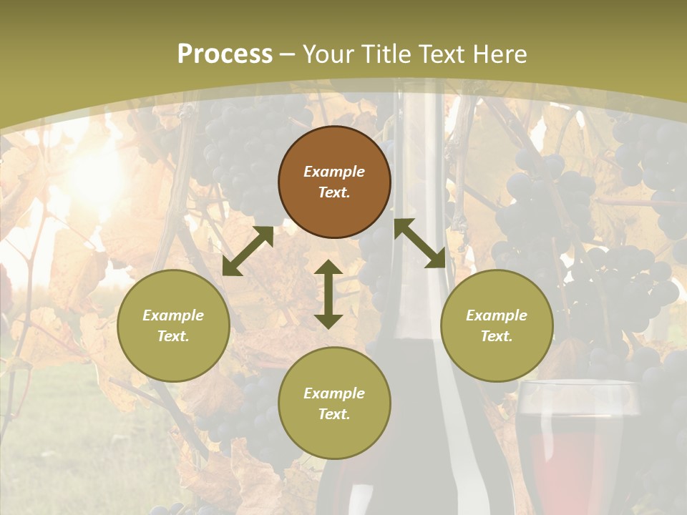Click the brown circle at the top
pyautogui.click(x=334, y=182)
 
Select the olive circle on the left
pyautogui.click(x=173, y=325)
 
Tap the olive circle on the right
pyautogui.click(x=497, y=325)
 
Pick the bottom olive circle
pyautogui.click(x=334, y=403)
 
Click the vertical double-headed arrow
pyautogui.click(x=328, y=294)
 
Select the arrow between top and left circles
pyautogui.click(x=248, y=251)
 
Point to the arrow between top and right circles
pyautogui.click(x=419, y=243)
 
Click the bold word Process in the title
pyautogui.click(x=225, y=54)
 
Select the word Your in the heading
pyautogui.click(x=328, y=54)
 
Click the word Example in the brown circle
pyautogui.click(x=334, y=172)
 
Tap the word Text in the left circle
pyautogui.click(x=173, y=336)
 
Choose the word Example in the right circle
pyautogui.click(x=497, y=315)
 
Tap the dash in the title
pyautogui.click(x=288, y=54)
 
